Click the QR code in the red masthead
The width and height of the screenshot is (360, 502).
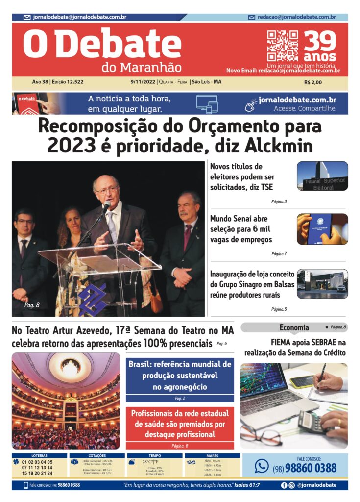pos(282,46)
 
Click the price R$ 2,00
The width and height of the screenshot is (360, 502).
pos(313,82)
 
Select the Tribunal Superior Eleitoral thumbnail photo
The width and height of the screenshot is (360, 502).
pos(322,176)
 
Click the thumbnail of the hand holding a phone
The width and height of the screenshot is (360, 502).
pos(322,228)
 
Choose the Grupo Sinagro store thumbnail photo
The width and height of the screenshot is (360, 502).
pos(322,283)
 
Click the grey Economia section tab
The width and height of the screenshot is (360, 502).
pos(294,327)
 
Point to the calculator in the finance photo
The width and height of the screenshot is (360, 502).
pos(312,422)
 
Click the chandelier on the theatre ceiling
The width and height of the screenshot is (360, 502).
pos(70,365)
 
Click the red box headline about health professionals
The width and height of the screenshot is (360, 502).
pos(180,424)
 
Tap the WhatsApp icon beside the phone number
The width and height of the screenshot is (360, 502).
pos(262,466)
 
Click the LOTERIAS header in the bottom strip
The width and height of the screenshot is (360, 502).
pos(39,456)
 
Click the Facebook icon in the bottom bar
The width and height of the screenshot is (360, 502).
pos(284,485)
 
